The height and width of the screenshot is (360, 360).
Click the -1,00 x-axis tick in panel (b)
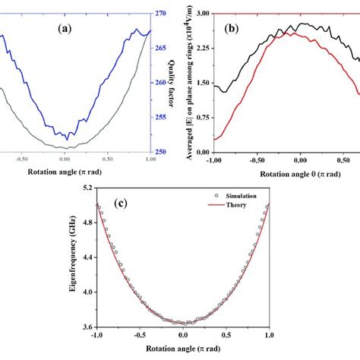click(215, 160)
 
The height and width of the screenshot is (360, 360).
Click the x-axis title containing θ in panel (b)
click(285, 172)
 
